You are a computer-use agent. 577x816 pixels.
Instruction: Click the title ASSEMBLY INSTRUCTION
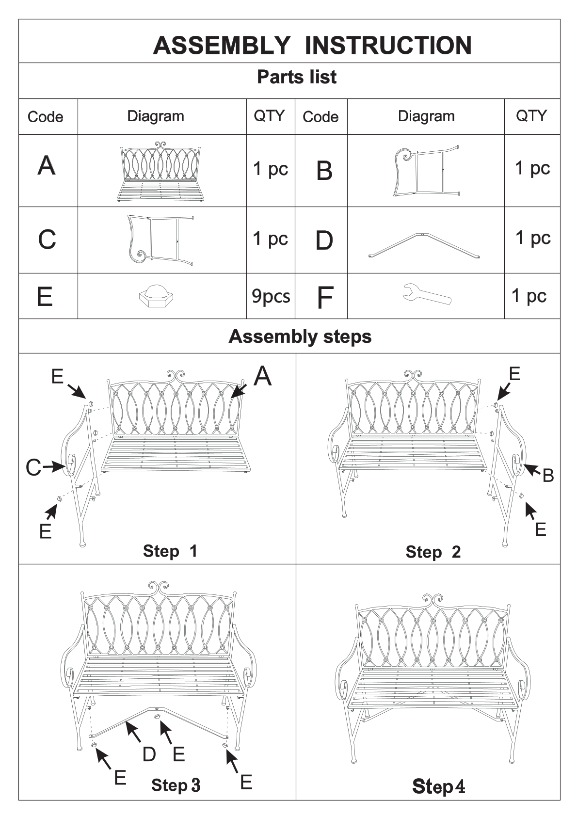click(x=312, y=45)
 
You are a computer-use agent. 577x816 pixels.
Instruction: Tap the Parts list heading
click(x=297, y=77)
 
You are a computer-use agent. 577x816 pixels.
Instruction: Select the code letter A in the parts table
click(x=47, y=165)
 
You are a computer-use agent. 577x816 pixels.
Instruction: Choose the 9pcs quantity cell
click(x=271, y=296)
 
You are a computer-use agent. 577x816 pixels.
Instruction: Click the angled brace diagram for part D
click(x=424, y=245)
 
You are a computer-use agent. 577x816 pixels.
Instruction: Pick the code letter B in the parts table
click(x=324, y=171)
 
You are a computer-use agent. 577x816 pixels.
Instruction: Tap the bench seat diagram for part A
click(x=160, y=172)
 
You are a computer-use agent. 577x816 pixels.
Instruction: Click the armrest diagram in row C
click(x=160, y=240)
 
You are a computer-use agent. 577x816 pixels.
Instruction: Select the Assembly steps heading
click(x=300, y=336)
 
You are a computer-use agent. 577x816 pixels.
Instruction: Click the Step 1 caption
click(x=170, y=551)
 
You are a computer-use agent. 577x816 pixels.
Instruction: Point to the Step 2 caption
click(x=433, y=552)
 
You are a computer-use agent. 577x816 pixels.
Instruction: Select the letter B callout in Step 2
click(x=548, y=475)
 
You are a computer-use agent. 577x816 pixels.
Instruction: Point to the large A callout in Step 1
click(x=263, y=376)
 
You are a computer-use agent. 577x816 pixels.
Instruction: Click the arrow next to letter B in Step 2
click(x=532, y=469)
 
